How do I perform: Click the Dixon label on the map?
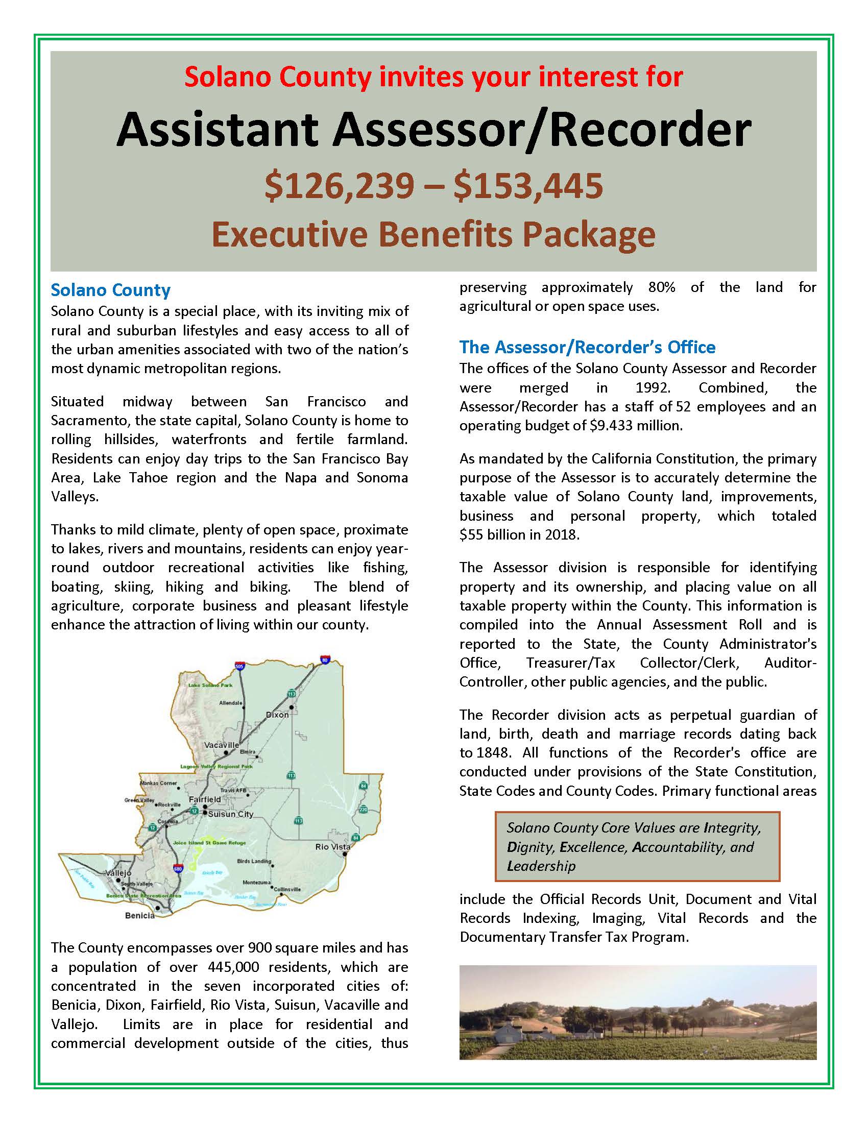[277, 715]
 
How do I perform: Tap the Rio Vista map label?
[333, 846]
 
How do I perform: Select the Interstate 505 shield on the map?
[239, 666]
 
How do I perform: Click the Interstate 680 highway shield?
[178, 868]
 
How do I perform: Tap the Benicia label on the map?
[140, 915]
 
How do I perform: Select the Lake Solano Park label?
[210, 685]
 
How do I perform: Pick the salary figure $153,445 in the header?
[528, 186]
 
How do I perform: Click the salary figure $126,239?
[340, 186]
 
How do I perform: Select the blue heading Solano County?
[111, 290]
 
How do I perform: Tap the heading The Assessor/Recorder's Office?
[587, 348]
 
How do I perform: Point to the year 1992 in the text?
[653, 388]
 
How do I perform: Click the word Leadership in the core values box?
[541, 866]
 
